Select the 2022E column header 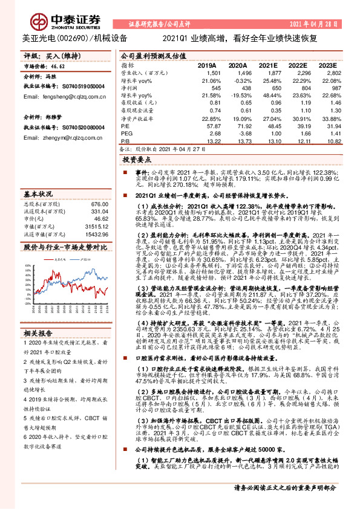click(296, 65)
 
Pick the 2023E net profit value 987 click(329, 87)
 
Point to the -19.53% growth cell click(238, 95)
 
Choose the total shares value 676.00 click(99, 204)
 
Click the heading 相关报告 click(39, 332)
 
